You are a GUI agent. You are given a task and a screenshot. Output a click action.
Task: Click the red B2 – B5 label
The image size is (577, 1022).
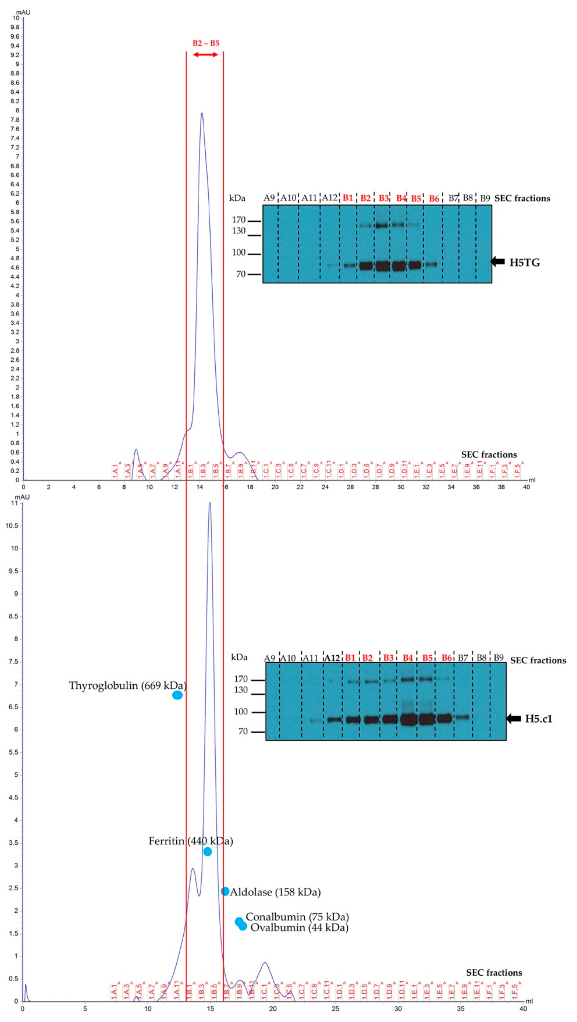click(x=206, y=43)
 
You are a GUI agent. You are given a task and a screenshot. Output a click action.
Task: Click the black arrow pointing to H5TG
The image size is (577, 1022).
click(x=498, y=261)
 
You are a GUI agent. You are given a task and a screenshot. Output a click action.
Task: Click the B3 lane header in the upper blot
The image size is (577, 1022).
click(x=383, y=198)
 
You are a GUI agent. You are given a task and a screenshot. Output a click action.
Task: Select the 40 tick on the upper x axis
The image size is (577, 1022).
click(x=526, y=487)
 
